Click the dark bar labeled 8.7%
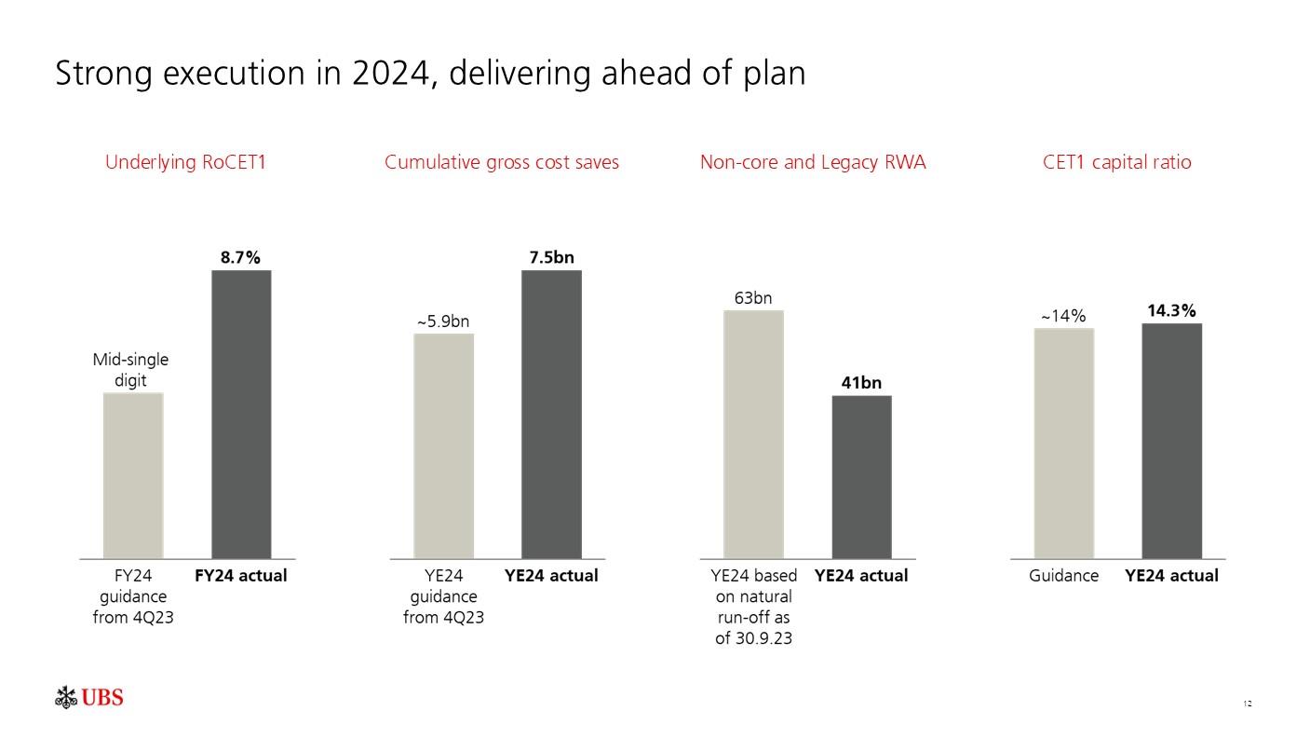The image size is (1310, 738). (x=241, y=414)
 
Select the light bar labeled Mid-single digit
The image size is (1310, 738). (x=133, y=474)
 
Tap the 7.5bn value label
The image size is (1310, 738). (x=551, y=257)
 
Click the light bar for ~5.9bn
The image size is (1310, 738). (x=443, y=445)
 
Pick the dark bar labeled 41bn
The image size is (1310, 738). (x=861, y=476)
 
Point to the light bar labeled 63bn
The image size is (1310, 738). (x=753, y=433)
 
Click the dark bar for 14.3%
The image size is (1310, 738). (x=1171, y=440)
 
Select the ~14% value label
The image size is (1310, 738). (x=1062, y=316)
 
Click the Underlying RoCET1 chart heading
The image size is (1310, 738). (x=185, y=162)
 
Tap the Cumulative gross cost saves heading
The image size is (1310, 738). (x=502, y=162)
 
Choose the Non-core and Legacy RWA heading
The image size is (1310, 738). (x=813, y=162)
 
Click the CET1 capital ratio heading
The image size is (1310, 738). (x=1116, y=162)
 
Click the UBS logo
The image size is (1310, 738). (x=89, y=698)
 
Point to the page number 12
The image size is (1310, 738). (x=1248, y=703)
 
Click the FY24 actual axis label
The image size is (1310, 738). (x=241, y=576)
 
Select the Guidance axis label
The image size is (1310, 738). (x=1063, y=576)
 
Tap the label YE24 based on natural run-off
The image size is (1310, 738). (x=753, y=607)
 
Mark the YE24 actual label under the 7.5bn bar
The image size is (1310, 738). (x=551, y=576)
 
